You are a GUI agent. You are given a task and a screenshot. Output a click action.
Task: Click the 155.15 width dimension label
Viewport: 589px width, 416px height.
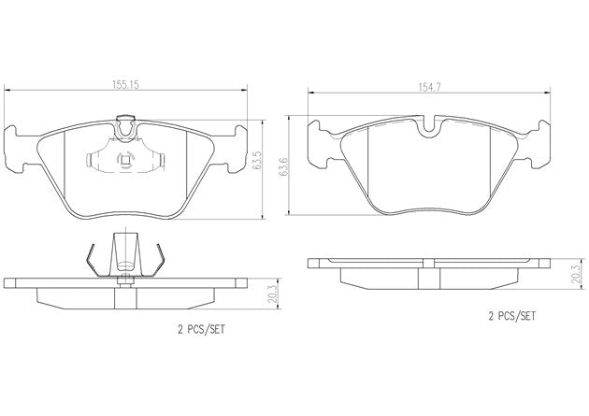pos(125,85)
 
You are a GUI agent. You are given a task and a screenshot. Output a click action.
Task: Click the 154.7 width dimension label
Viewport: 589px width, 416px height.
pos(429,87)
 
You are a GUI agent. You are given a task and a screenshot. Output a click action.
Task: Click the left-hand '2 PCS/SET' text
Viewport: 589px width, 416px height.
pos(201,330)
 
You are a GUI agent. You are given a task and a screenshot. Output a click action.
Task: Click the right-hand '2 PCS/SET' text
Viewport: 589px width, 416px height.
pos(511,317)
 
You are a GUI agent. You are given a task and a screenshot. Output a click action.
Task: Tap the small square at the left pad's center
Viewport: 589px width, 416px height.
pos(125,161)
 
